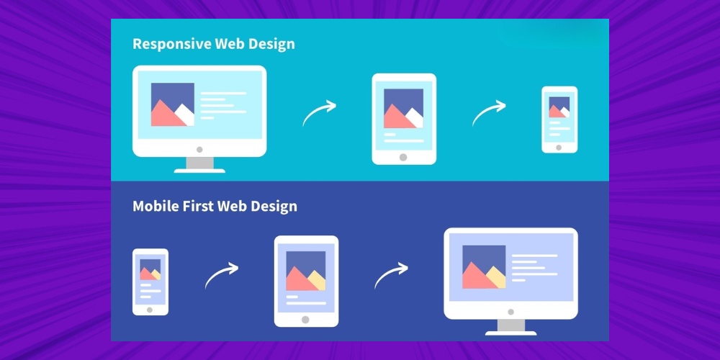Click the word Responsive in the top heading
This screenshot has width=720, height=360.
tap(172, 44)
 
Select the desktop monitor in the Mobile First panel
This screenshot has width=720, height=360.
tap(510, 273)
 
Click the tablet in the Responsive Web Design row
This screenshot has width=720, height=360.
tap(403, 118)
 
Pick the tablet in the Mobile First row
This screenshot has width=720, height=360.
tap(306, 280)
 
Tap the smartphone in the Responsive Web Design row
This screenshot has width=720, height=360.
tap(559, 119)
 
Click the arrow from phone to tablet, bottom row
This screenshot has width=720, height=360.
tap(221, 275)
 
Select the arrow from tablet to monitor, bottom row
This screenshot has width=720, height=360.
tap(391, 275)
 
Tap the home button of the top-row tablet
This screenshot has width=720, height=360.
tap(403, 157)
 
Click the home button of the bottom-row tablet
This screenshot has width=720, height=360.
tap(306, 319)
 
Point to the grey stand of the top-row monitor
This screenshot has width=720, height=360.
tap(199, 163)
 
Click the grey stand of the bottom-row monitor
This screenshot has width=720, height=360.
tap(510, 325)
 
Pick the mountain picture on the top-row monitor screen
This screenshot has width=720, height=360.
tap(173, 104)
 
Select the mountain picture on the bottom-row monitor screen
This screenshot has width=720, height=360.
tap(484, 267)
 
